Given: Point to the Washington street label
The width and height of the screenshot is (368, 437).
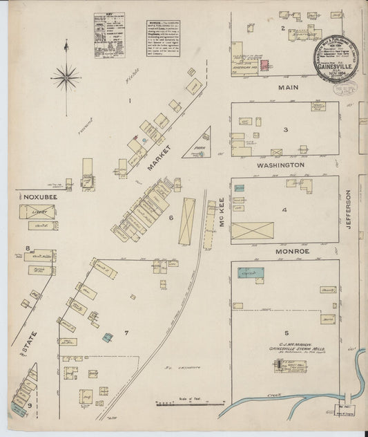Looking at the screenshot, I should click(281, 166).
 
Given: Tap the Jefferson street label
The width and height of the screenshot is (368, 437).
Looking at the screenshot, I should click(349, 211).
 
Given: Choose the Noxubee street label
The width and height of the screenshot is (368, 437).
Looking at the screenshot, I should click(33, 196).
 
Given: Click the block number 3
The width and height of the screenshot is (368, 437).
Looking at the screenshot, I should click(284, 129).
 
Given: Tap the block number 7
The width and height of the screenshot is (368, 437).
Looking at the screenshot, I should click(126, 333).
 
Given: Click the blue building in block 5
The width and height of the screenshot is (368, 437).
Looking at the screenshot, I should click(246, 274).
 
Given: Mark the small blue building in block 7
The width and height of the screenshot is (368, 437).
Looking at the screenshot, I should click(108, 337).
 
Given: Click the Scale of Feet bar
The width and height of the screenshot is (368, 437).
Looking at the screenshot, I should click(190, 402).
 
